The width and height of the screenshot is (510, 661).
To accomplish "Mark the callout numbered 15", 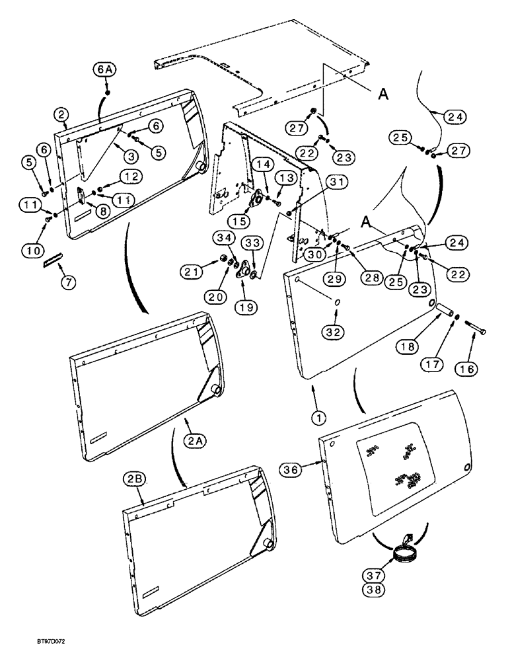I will pos(240,219).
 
